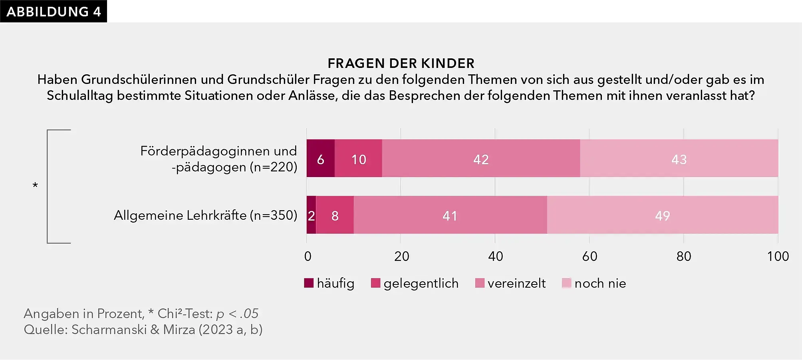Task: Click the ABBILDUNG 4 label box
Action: [54, 11]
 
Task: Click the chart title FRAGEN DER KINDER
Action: [401, 63]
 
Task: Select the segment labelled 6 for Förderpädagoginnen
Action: [320, 159]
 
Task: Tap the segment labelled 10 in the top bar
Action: [358, 159]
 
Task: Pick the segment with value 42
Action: [481, 159]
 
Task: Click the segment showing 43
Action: [679, 159]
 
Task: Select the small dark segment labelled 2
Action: [311, 215]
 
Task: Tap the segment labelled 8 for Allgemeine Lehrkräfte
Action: [335, 215]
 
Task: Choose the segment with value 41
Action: [450, 215]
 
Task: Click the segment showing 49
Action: [663, 215]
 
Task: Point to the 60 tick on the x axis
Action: [590, 256]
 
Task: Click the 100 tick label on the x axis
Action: [778, 256]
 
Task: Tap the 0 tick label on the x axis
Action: [308, 256]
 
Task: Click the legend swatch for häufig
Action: [309, 283]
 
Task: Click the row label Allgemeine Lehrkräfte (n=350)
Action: [205, 215]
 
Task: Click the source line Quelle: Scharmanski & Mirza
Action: [143, 330]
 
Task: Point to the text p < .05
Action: [237, 314]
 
